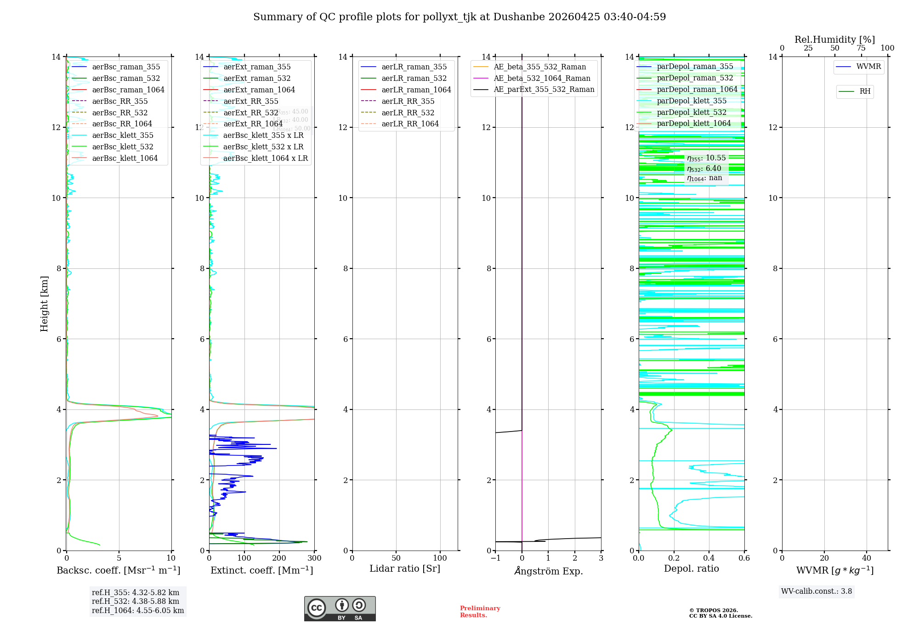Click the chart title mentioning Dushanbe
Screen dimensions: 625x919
[x=459, y=17]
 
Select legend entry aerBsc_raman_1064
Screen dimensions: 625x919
[x=128, y=90]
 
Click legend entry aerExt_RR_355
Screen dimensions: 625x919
[x=250, y=101]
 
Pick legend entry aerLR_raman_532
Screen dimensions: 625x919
[x=414, y=78]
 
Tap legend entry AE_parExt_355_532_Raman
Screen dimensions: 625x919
[x=544, y=89]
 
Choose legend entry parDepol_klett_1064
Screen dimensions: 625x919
[x=693, y=123]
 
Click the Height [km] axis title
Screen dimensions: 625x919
[x=44, y=303]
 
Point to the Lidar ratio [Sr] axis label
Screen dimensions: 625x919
[x=404, y=568]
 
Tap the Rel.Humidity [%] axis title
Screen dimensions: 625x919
[x=834, y=40]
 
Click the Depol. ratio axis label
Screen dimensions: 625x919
[x=691, y=568]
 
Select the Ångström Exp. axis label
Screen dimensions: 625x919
[x=548, y=571]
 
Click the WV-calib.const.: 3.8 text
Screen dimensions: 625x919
[x=816, y=591]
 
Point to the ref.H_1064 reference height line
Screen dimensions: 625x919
[x=137, y=610]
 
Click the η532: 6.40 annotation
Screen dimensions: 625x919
[x=704, y=168]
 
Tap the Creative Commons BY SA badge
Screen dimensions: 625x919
[x=340, y=608]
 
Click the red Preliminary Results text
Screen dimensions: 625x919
[x=480, y=611]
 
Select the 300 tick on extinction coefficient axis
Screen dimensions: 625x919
[x=315, y=558]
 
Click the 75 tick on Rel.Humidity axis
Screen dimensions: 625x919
[x=861, y=48]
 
